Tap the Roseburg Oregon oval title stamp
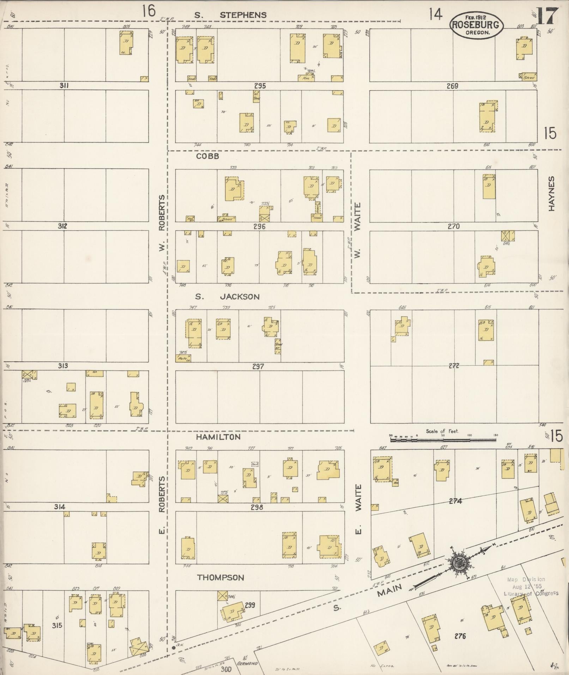click(476, 25)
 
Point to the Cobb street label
click(208, 156)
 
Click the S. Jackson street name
click(228, 297)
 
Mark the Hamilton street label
click(218, 437)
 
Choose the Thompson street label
click(220, 578)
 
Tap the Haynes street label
click(551, 194)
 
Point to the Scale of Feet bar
click(443, 440)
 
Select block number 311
click(64, 85)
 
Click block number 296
click(259, 227)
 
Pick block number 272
click(454, 366)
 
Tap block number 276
click(460, 636)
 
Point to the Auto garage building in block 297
click(183, 358)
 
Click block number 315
click(57, 626)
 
